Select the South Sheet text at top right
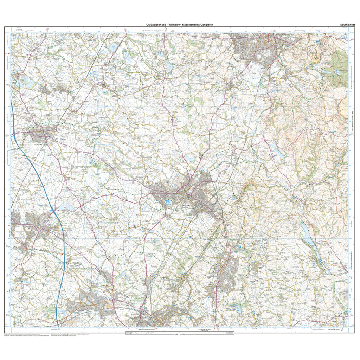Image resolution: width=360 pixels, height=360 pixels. pos(347,25)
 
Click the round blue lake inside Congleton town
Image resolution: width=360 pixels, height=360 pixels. pos(168,202)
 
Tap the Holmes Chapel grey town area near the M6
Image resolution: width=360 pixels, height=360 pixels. pos(40,134)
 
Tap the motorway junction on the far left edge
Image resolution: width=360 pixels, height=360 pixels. pos(14,134)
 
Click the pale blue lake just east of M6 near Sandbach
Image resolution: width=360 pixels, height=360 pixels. pos(67,207)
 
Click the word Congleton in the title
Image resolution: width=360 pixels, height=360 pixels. pos(207,25)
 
